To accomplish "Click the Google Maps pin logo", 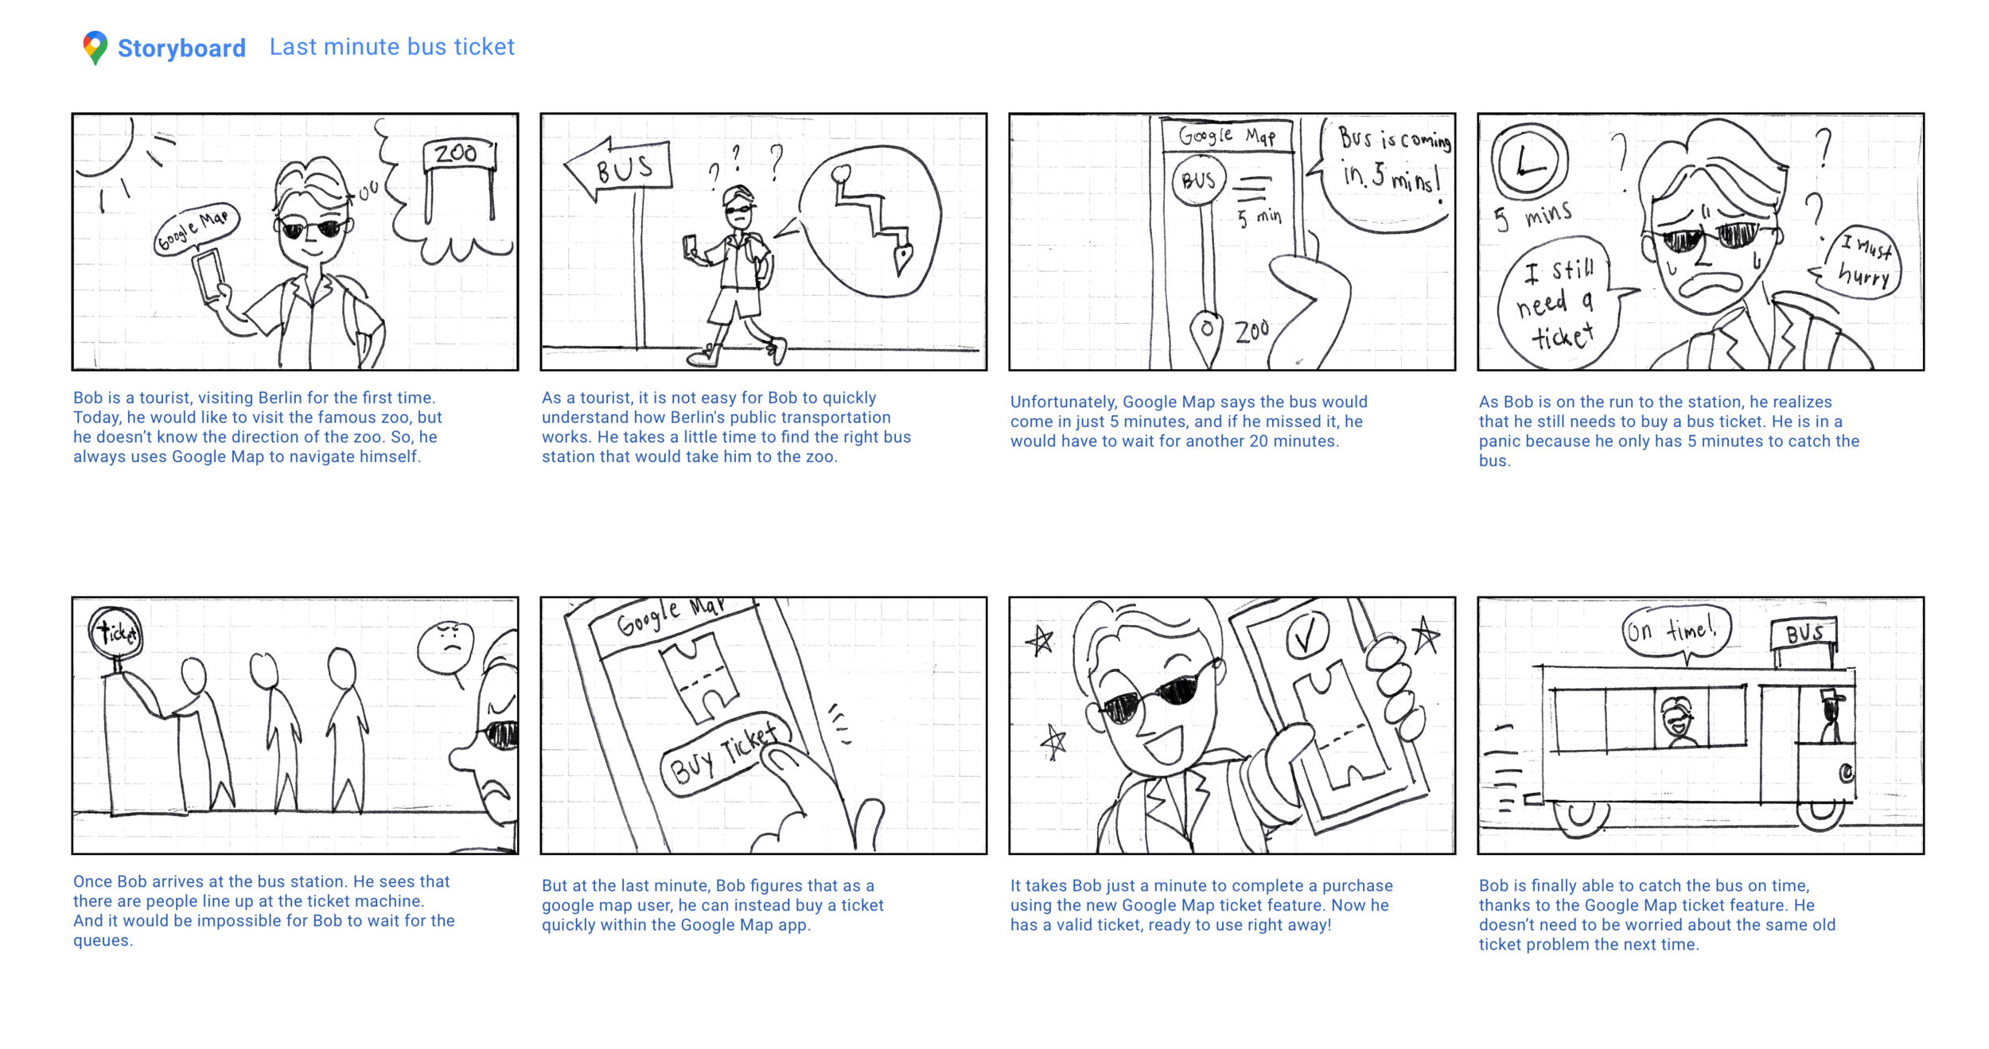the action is [x=95, y=48].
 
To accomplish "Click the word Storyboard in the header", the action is [x=181, y=49].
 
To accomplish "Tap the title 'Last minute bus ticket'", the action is [x=391, y=47].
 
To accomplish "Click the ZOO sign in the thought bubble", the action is [x=459, y=179].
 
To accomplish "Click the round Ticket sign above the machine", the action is [x=116, y=633].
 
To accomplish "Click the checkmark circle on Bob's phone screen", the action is [x=1307, y=635].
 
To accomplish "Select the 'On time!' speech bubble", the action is [x=1675, y=632].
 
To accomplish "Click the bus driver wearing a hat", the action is [x=1831, y=716].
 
